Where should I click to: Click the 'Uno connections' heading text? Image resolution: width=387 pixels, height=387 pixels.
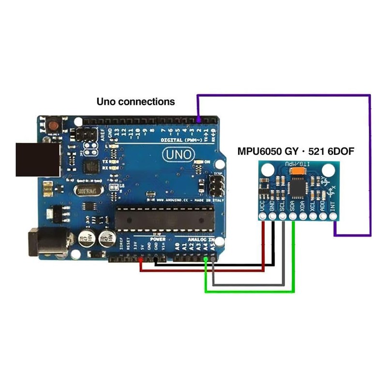point(135,102)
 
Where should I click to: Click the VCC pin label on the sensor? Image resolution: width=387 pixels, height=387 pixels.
point(263,206)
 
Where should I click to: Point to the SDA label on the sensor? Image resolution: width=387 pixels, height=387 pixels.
point(293,206)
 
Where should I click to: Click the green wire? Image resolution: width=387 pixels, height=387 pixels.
point(249,291)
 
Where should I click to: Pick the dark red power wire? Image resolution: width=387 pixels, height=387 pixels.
point(203,270)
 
